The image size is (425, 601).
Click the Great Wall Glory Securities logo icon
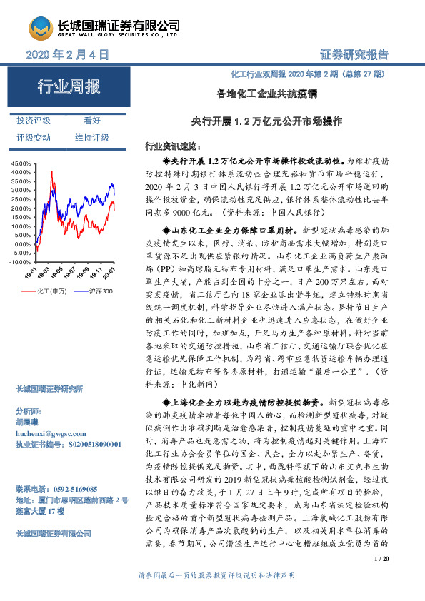pyautogui.click(x=39, y=29)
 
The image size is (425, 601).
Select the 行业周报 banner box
pyautogui.click(x=69, y=89)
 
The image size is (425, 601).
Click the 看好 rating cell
pyautogui.click(x=92, y=121)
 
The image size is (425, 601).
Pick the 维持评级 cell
pyautogui.click(x=92, y=137)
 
